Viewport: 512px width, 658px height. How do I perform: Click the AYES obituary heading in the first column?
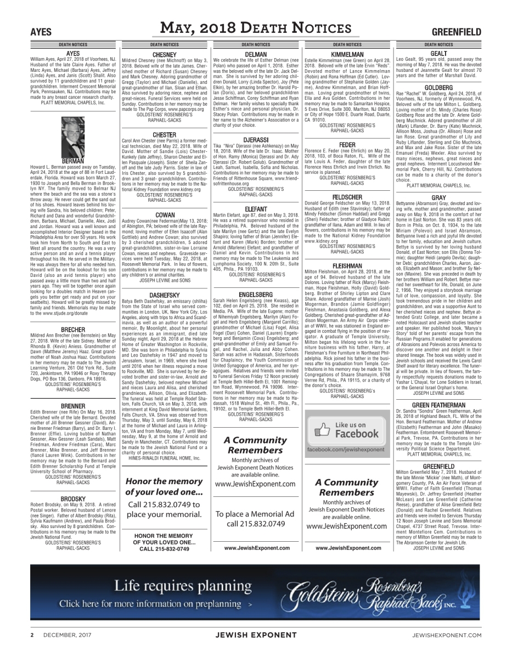click(73, 54)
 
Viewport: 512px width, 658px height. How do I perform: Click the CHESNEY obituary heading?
click(164, 54)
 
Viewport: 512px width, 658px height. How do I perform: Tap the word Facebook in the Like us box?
click(357, 434)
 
